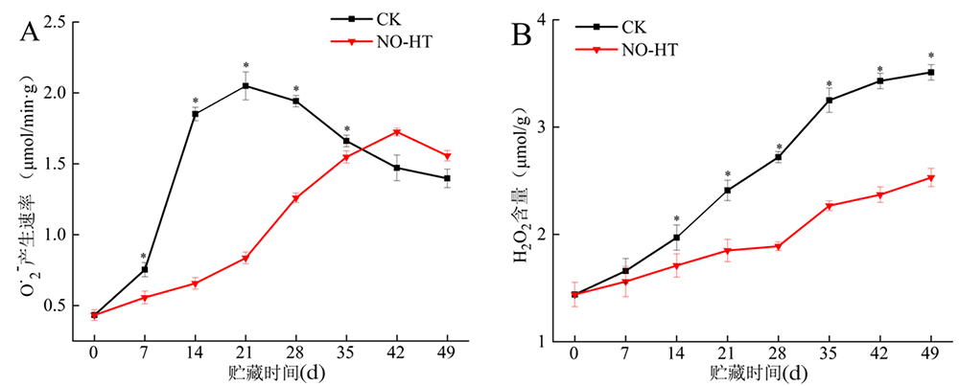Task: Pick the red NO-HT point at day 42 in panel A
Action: coord(396,132)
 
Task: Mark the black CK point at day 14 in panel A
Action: coord(195,114)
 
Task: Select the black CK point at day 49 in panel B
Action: coord(930,73)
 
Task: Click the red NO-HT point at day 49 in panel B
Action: coord(930,178)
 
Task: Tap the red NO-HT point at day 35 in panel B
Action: coord(829,206)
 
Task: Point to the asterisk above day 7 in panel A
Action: coord(144,257)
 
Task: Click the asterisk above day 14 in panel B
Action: coord(676,219)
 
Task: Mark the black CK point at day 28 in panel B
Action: coord(778,157)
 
